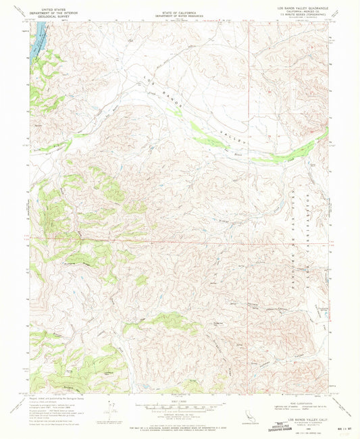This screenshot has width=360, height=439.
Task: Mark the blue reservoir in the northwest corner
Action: [x=38, y=30]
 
